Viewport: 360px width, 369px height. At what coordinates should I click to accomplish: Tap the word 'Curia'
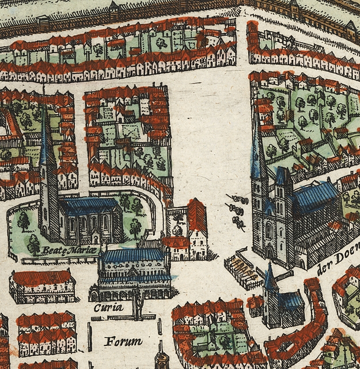(109, 307)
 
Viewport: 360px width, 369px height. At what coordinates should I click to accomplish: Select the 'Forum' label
(123, 341)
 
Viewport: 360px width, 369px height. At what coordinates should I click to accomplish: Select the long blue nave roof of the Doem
(316, 196)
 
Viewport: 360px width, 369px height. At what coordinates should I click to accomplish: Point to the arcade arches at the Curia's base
(135, 294)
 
